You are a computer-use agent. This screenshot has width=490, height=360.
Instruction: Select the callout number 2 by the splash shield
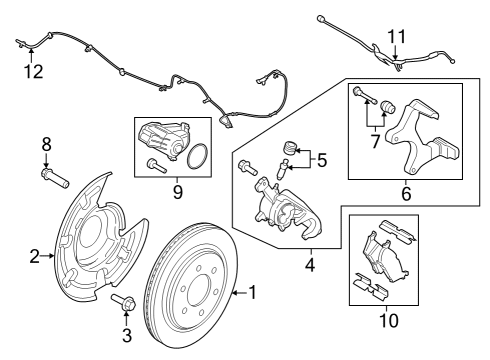(35, 257)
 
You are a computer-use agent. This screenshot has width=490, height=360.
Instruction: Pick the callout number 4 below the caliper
(310, 266)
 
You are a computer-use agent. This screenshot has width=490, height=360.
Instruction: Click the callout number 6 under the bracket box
(405, 193)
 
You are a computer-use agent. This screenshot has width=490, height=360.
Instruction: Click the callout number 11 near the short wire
(397, 38)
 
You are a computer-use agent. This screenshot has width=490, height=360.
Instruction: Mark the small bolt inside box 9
(153, 163)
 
